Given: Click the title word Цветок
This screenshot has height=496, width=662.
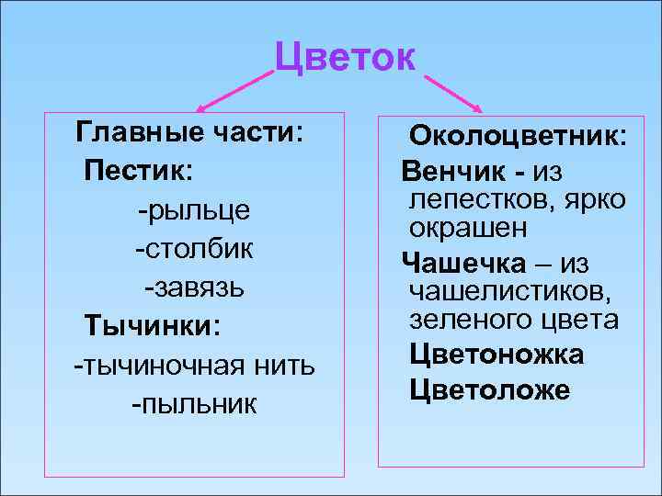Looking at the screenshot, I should point(346,59).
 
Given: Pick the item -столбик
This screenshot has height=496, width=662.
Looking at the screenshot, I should point(194,248).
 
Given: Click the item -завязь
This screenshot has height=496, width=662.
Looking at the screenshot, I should point(194,287).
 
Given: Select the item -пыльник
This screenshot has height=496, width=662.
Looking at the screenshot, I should point(194,403).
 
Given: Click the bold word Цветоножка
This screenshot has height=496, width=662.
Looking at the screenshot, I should point(496,355).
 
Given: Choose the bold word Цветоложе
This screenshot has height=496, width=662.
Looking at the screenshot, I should point(489,390).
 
